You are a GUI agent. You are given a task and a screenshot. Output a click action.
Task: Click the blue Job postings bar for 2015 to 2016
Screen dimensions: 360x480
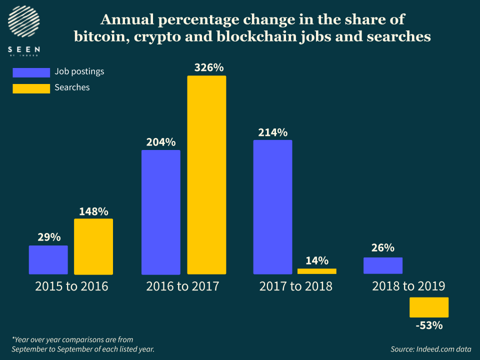point(48,259)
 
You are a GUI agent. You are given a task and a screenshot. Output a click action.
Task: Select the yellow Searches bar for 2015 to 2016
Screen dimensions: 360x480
point(93,246)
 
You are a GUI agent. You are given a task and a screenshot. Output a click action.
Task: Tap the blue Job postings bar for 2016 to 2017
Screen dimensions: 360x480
point(160,212)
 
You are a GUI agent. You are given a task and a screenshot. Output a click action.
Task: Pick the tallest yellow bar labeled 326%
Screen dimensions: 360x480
point(206,175)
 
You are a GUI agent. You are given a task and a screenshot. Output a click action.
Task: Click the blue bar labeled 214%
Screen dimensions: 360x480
point(272,207)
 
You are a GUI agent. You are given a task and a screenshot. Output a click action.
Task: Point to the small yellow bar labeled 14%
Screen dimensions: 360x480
point(316,271)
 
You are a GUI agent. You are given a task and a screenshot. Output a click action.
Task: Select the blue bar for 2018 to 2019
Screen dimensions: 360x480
point(382,265)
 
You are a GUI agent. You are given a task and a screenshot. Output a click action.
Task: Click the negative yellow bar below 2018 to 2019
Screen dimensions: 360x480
point(428,307)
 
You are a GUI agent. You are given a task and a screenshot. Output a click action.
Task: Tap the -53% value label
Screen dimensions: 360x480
point(428,325)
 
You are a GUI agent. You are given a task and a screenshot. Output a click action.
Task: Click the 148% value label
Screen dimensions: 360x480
point(93,211)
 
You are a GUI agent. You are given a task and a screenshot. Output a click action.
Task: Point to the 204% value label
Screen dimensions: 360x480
point(160,142)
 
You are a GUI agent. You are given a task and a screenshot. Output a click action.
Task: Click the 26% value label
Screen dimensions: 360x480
point(382,248)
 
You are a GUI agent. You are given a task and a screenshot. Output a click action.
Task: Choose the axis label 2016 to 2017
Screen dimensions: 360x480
point(183,286)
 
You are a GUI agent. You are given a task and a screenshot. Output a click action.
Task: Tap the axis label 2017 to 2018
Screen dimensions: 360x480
point(295,286)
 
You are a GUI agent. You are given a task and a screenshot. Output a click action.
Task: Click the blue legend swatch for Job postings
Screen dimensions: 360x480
point(31,72)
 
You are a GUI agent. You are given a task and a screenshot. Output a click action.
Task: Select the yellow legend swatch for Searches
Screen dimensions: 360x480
point(31,88)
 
